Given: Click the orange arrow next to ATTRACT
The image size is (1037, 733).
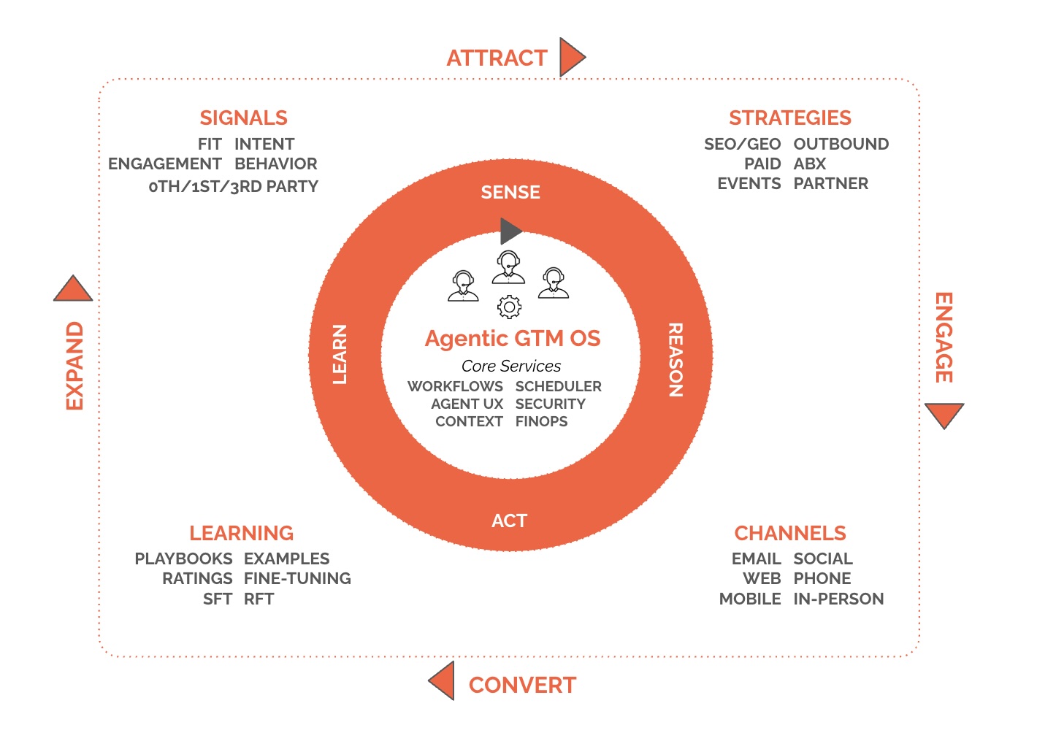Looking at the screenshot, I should [571, 57].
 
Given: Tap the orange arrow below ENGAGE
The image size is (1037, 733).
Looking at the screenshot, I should [944, 414].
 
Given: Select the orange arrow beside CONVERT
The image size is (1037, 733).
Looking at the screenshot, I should [443, 680].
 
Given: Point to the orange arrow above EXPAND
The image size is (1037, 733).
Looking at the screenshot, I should [73, 290].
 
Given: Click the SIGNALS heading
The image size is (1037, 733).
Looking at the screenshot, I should [243, 118].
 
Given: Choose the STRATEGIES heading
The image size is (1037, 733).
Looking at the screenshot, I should [789, 118].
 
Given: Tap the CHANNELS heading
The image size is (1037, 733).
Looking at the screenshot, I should [789, 533].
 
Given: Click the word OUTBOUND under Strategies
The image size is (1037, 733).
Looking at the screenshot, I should [841, 144].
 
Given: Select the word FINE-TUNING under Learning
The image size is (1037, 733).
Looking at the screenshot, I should [297, 578].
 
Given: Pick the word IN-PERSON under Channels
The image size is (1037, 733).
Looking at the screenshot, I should [838, 599].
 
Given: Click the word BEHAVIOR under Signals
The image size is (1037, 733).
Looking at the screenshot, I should [275, 164].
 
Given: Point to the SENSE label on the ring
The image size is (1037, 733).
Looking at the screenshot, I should [510, 192].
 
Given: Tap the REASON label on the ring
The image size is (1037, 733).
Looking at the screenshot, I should [676, 360].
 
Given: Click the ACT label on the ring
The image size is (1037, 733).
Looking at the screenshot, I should [509, 521].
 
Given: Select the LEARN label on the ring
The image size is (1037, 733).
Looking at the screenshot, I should [340, 354].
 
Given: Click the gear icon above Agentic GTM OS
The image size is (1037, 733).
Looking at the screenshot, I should [509, 307].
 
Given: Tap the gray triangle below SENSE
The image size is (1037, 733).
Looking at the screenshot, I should [510, 231].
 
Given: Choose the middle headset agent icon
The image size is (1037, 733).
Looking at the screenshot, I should [508, 267].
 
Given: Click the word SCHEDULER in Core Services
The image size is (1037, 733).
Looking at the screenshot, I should [558, 386].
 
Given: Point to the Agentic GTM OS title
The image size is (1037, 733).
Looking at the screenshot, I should [513, 339].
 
